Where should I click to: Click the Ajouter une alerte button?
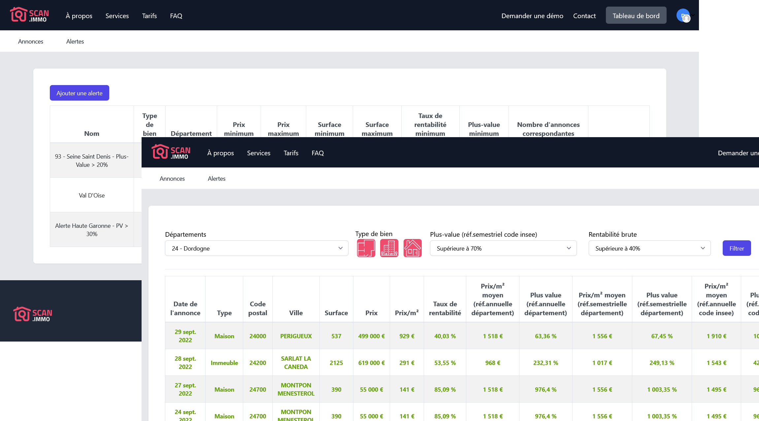(x=79, y=93)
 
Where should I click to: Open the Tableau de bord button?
(x=636, y=15)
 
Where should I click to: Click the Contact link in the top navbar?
(x=584, y=16)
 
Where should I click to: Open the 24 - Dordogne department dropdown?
(x=256, y=248)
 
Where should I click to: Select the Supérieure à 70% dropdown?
(x=503, y=248)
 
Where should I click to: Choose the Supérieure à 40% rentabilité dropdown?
(x=649, y=248)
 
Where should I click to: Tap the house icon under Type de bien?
(x=412, y=248)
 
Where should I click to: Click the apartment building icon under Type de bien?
(x=389, y=248)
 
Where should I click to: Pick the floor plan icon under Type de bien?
(x=366, y=248)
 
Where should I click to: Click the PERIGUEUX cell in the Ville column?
(x=296, y=336)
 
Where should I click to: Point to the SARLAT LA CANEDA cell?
(x=296, y=363)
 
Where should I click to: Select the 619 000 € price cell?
(x=371, y=363)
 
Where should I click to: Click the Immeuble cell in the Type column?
(x=224, y=363)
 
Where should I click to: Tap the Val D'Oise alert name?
(x=92, y=195)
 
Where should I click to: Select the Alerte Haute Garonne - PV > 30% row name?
(x=92, y=230)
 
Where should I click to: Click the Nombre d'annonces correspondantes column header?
(x=548, y=129)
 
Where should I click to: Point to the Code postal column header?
(x=257, y=308)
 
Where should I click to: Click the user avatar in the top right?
(x=683, y=15)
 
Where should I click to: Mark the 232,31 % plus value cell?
(x=545, y=363)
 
